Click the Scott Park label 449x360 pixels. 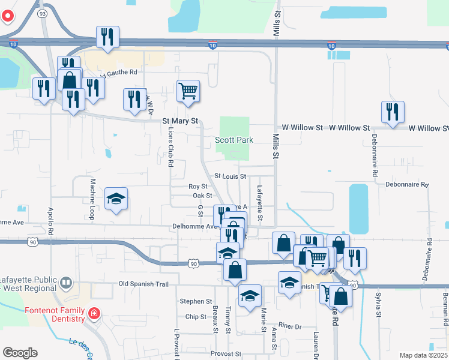click(x=234, y=140)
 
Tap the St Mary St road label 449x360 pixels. click(x=180, y=121)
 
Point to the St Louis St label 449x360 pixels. click(x=231, y=176)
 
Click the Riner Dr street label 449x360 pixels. click(x=289, y=326)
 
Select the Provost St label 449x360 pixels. click(x=225, y=354)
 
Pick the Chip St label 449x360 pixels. click(x=196, y=317)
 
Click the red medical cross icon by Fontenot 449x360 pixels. click(x=94, y=313)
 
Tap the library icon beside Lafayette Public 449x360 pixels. click(x=66, y=281)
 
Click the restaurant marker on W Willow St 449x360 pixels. click(x=393, y=111)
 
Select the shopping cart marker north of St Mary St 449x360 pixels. click(x=188, y=91)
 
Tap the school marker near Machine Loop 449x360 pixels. click(x=116, y=199)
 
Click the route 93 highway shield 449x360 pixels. click(x=41, y=13)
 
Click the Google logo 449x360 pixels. click(x=20, y=353)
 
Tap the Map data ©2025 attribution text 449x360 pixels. click(x=424, y=355)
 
